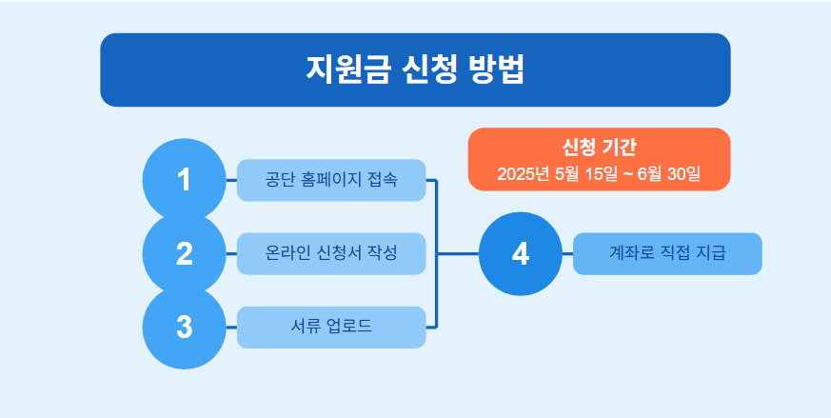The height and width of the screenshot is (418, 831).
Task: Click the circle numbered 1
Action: [184, 180]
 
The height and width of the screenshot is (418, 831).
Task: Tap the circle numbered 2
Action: [184, 253]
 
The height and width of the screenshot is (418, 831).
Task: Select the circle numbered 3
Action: [184, 327]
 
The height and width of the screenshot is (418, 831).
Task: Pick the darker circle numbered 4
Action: [520, 253]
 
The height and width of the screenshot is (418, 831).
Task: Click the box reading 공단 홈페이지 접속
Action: [330, 180]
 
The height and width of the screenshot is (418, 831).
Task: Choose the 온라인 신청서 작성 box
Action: [330, 253]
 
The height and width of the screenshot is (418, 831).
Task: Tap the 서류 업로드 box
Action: [330, 327]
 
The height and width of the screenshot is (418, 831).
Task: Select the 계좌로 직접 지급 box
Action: [667, 253]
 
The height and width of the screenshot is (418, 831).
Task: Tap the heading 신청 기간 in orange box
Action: [599, 148]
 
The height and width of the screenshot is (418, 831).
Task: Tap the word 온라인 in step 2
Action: [288, 253]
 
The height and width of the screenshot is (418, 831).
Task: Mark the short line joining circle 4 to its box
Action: [566, 253]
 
